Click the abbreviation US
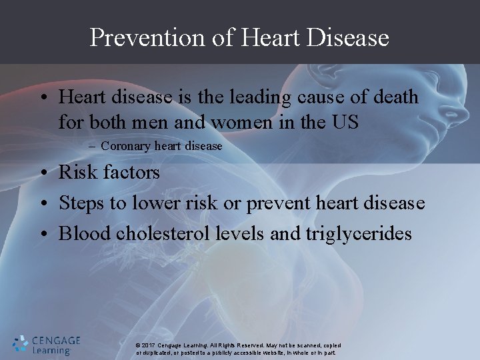(345, 122)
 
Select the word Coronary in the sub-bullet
(123, 146)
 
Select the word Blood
(83, 234)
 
